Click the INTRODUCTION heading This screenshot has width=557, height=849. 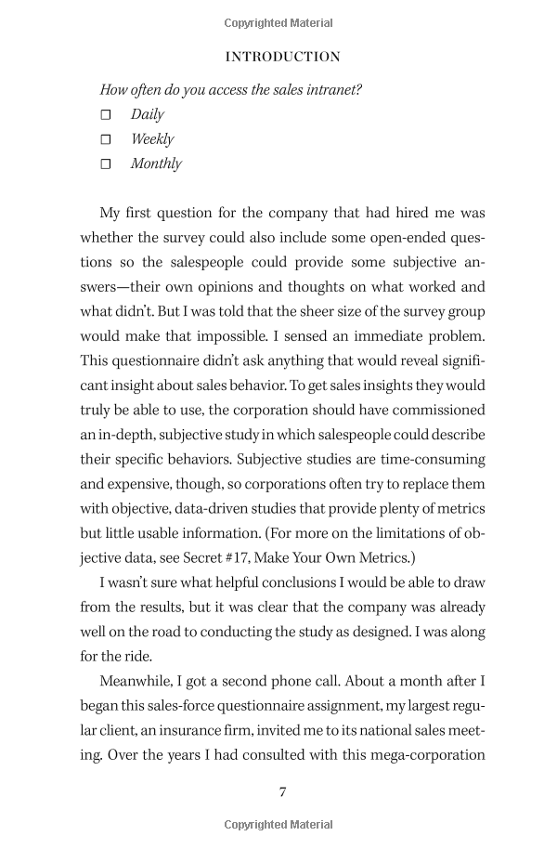click(x=283, y=57)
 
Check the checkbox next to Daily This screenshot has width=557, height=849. click(x=105, y=114)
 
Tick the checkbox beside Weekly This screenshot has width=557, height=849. click(x=105, y=139)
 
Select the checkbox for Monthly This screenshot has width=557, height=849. click(x=105, y=164)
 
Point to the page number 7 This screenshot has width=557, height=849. click(x=282, y=791)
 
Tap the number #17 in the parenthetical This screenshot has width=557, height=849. click(x=238, y=557)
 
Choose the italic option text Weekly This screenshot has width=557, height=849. click(x=152, y=139)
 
